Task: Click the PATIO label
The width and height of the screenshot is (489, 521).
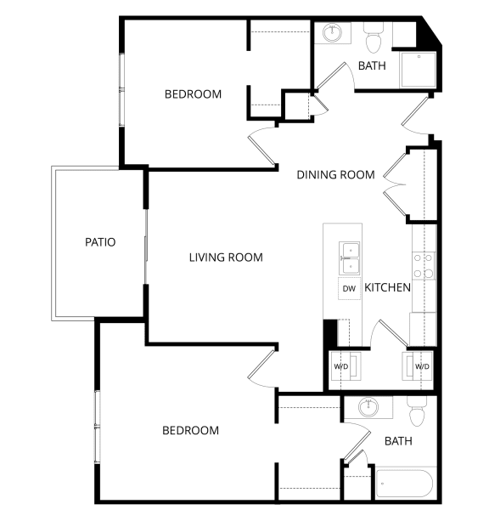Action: click(100, 242)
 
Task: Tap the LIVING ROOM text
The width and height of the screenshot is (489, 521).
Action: click(226, 257)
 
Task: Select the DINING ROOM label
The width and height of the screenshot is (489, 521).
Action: click(335, 175)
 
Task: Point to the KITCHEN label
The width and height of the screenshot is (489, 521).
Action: click(388, 287)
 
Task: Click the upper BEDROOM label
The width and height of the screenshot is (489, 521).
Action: click(193, 93)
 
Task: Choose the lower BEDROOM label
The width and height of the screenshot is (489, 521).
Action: click(190, 430)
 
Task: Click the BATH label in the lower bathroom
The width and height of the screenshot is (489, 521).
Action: click(398, 441)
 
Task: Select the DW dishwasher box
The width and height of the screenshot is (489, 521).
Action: click(349, 288)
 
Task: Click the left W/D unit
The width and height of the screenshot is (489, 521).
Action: click(342, 366)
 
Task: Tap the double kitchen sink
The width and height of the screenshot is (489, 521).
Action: click(349, 252)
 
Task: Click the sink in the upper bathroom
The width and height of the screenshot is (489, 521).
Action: click(331, 34)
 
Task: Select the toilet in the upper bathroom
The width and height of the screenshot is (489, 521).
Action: click(374, 38)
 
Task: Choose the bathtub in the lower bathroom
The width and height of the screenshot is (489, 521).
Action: click(404, 485)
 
